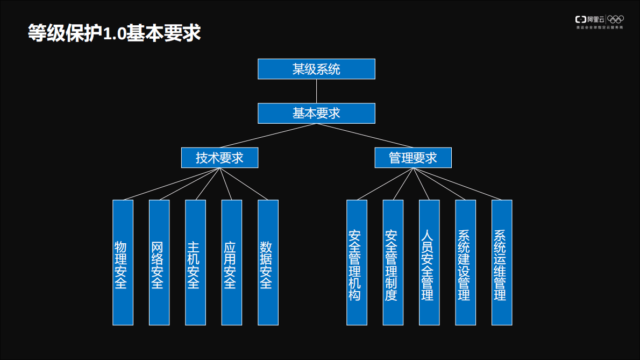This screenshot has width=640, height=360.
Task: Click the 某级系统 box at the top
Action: tap(316, 69)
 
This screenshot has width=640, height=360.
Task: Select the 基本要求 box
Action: tap(316, 113)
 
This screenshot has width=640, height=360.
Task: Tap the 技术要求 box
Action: tap(219, 158)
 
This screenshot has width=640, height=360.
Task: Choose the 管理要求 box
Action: tap(413, 158)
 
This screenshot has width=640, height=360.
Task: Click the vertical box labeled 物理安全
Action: tap(123, 263)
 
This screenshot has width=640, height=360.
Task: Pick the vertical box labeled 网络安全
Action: tap(159, 263)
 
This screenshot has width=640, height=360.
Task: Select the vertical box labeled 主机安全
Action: tap(195, 263)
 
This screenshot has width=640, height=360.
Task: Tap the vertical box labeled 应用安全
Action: tap(232, 263)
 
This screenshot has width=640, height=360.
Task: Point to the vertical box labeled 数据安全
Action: tap(268, 263)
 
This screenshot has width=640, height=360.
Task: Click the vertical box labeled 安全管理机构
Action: tap(357, 263)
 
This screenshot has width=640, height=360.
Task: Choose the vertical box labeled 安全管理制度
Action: tap(393, 263)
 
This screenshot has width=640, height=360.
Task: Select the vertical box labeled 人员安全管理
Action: tap(429, 263)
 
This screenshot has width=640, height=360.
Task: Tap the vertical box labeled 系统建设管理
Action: tap(466, 263)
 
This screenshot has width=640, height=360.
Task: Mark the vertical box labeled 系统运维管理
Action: tap(502, 263)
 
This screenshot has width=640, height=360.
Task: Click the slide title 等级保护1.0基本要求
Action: tap(114, 33)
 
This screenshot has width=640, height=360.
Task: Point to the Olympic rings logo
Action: tap(615, 19)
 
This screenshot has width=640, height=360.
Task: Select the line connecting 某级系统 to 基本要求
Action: tap(316, 91)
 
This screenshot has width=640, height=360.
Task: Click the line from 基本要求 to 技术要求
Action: tap(268, 136)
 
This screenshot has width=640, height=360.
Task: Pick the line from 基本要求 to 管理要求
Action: tap(365, 136)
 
